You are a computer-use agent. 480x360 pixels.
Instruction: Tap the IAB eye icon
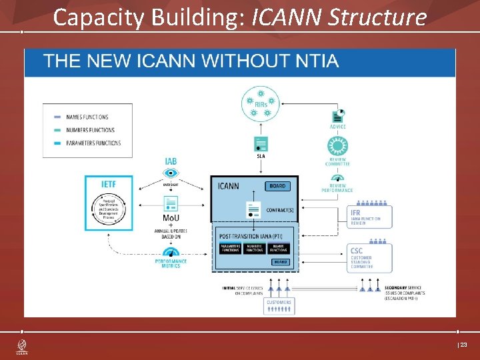pyautogui.click(x=171, y=173)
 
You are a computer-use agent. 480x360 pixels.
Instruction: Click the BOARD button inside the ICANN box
pyautogui.click(x=277, y=186)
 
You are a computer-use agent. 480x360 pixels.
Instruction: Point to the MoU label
pyautogui.click(x=171, y=218)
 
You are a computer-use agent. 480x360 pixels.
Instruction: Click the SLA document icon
pyautogui.click(x=261, y=144)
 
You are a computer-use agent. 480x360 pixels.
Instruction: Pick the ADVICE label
pyautogui.click(x=337, y=127)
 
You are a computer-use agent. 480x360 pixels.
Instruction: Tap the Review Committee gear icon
pyautogui.click(x=337, y=147)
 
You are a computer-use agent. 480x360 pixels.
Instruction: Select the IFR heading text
pyautogui.click(x=357, y=213)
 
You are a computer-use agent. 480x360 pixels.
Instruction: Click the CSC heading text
pyautogui.click(x=357, y=251)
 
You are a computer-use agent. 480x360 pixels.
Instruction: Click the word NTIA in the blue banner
pyautogui.click(x=314, y=62)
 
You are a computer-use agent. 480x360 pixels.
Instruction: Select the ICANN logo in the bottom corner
pyautogui.click(x=21, y=347)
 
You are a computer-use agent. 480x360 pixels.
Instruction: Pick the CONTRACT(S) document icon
pyautogui.click(x=253, y=209)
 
